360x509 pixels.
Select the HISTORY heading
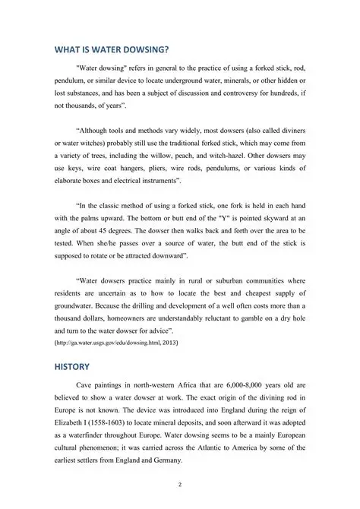[x=71, y=366]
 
